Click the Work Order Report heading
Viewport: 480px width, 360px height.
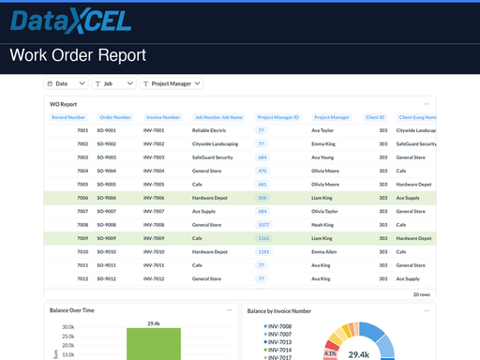click(x=78, y=55)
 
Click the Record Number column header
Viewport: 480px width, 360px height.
click(x=68, y=117)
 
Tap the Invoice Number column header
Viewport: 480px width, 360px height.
click(x=162, y=117)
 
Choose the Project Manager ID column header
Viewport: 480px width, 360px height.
click(x=277, y=117)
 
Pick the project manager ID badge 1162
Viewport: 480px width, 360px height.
click(x=263, y=238)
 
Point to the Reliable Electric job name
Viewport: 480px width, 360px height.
click(x=209, y=130)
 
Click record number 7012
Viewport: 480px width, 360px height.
click(x=82, y=278)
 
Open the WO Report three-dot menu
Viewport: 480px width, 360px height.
click(x=427, y=103)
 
